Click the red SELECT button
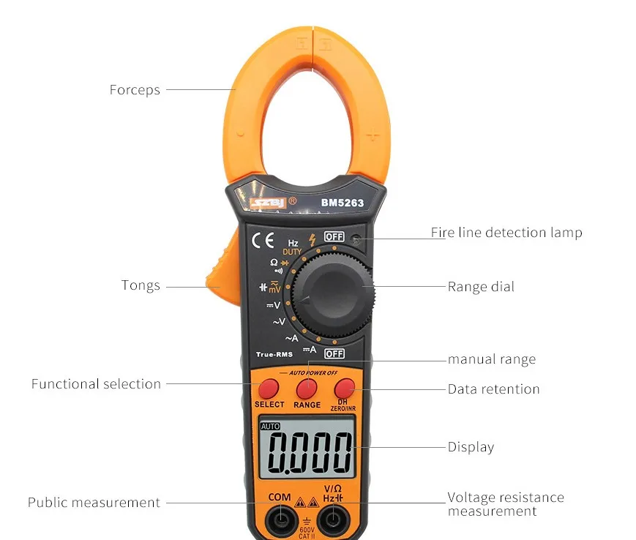[x=269, y=387]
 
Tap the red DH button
[x=345, y=387]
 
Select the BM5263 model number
[x=342, y=203]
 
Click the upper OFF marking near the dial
[x=334, y=236]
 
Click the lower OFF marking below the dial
[x=334, y=353]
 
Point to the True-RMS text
[x=274, y=354]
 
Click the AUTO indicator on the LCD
[x=270, y=426]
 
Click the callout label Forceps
[x=135, y=90]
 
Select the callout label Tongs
[x=141, y=285]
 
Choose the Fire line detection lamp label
[x=506, y=233]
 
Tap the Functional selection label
[x=96, y=383]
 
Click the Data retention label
[x=493, y=389]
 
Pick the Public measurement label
[x=94, y=503]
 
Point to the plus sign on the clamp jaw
[x=373, y=135]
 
